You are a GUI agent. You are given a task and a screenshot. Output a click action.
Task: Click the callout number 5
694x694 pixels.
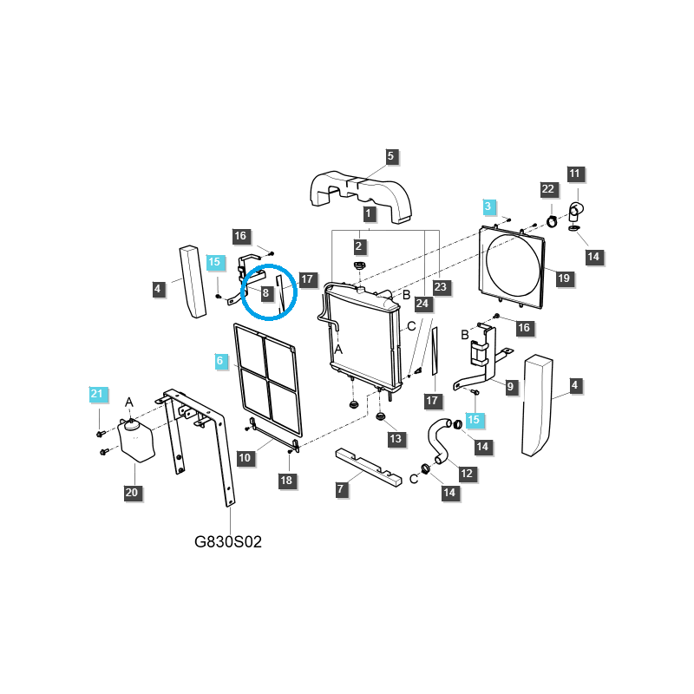tap(390, 156)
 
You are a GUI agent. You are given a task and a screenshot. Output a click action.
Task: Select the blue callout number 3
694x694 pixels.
tap(488, 206)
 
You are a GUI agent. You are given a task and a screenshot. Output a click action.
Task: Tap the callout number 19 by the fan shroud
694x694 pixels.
tap(563, 278)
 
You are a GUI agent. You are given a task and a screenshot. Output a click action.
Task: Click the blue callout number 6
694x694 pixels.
tap(220, 361)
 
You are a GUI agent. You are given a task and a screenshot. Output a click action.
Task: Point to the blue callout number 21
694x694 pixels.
tap(97, 394)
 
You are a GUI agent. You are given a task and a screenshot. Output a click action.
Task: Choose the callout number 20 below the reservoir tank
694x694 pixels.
tap(132, 493)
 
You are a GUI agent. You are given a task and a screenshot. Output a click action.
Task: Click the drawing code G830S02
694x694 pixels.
tap(228, 541)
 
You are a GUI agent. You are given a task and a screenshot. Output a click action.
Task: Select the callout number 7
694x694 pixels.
tap(340, 489)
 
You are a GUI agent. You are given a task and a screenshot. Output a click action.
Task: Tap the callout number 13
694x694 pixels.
tap(396, 439)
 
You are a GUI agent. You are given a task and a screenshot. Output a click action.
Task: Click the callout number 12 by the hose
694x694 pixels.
tap(467, 474)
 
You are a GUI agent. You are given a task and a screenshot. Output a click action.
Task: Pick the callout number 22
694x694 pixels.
tap(548, 189)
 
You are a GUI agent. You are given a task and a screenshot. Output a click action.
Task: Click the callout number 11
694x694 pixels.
tap(574, 173)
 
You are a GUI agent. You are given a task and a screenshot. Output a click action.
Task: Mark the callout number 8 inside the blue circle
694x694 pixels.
tap(265, 293)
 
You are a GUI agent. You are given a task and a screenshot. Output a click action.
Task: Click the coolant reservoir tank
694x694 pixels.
tap(136, 441)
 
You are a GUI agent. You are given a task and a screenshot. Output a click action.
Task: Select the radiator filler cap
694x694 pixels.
tap(359, 266)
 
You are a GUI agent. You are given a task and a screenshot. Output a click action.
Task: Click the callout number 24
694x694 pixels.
tap(422, 304)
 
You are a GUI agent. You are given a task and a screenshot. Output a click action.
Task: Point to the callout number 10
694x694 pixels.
tap(245, 458)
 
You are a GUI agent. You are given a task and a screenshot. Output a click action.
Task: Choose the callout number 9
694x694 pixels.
tap(510, 387)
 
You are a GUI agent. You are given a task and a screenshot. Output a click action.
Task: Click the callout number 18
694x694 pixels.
tap(286, 481)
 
